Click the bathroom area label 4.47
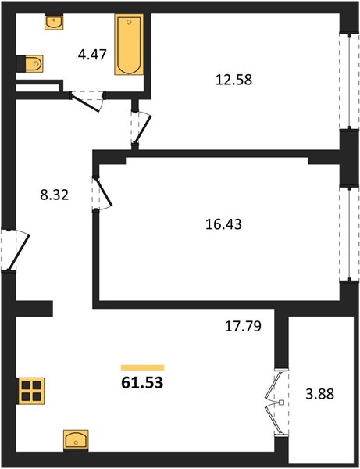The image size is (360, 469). pos(92,55)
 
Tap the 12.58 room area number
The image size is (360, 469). pos(234,80)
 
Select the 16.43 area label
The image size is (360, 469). pos(223,224)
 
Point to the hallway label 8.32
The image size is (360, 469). pos(54,195)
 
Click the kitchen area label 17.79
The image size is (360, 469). pos(243,326)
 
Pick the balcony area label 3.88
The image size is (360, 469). pos(319,394)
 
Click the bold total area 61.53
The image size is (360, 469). pos(142,382)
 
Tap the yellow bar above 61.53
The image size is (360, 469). pos(142,367)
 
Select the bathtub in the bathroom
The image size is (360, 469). pos(129,45)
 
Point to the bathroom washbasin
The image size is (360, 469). pos(54,22)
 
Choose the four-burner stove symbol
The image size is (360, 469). pos(31,391)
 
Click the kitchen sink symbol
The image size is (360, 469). pos(76,440)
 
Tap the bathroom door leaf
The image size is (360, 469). pos(84,103)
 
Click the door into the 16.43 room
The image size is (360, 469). pos(103,192)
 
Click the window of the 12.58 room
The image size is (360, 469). pos(349,81)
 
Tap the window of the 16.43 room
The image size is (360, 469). pos(349,234)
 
